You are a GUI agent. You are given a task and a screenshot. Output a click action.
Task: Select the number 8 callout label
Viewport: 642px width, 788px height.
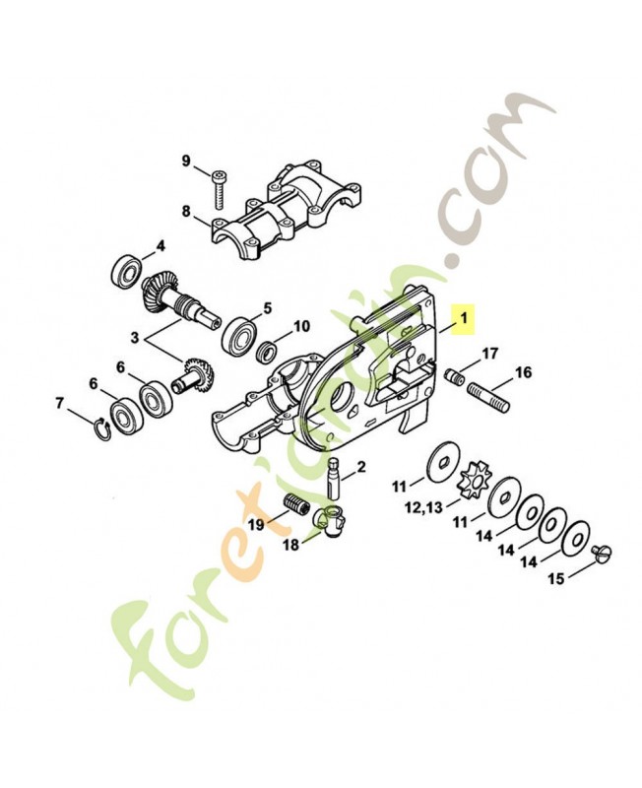click(185, 210)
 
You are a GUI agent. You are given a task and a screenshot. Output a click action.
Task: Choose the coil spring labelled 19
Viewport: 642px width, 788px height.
click(295, 512)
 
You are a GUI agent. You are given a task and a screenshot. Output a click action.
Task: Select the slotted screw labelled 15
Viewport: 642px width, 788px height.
click(606, 552)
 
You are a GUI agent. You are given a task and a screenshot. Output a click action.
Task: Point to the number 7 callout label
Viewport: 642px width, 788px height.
click(60, 403)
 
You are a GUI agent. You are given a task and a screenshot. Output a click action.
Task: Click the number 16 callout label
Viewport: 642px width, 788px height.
click(523, 372)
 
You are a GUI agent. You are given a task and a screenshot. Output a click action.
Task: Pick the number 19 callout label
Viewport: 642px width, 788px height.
click(255, 525)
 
